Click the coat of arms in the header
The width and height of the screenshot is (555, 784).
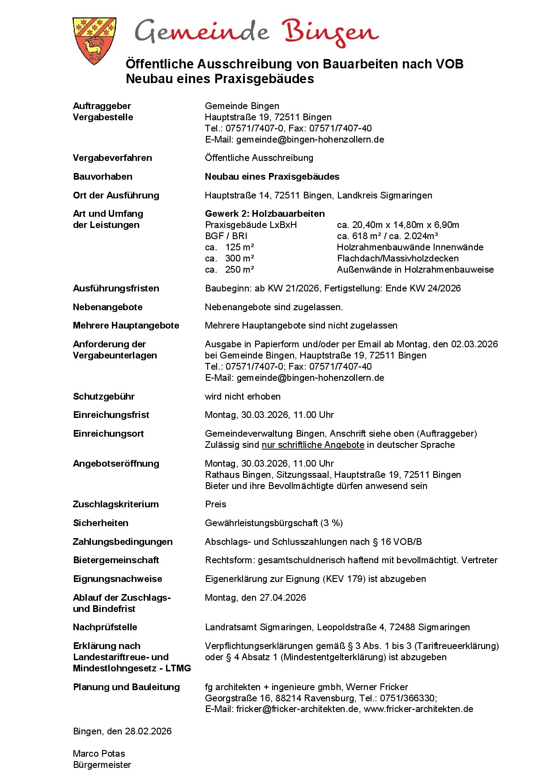pos(94,41)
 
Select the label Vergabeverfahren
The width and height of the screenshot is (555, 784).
pos(112,158)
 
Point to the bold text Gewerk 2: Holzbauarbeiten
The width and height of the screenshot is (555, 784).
pos(265,214)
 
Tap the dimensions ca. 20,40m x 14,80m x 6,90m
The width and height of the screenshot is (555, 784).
pos(398,225)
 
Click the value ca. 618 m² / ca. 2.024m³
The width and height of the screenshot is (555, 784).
pos(387,236)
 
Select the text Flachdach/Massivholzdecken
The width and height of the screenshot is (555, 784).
pos(397,258)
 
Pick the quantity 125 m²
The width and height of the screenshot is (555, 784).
pos(239,247)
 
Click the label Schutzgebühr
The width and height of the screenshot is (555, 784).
pos(104,396)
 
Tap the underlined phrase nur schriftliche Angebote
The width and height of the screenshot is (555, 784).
pos(313,445)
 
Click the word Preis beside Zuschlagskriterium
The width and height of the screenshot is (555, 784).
pos(215,504)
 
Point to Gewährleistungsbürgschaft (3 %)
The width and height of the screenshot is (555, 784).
pos(273,523)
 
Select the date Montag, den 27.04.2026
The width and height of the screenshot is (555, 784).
pos(255,598)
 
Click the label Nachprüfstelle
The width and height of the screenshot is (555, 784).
pos(105,627)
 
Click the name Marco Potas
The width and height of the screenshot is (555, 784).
pos(99,754)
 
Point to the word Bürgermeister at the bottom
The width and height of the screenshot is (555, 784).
pos(102,765)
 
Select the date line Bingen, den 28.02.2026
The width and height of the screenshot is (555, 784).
pos(122,731)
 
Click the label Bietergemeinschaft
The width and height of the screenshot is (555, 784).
pos(116,560)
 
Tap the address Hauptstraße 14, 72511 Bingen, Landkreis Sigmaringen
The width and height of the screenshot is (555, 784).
pos(318,195)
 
